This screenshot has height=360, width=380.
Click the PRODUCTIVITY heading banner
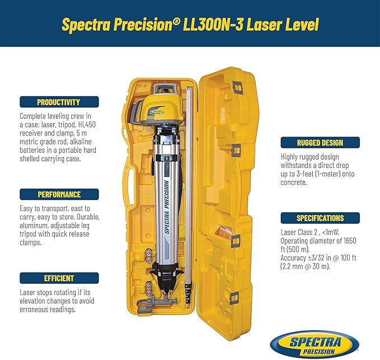click(59, 102)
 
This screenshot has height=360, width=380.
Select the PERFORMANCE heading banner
click(59, 194)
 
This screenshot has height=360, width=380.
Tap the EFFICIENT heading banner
click(59, 278)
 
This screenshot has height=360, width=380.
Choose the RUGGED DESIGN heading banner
click(320, 142)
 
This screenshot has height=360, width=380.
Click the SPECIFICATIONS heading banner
click(320, 218)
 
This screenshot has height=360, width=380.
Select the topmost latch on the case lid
click(236, 88)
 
